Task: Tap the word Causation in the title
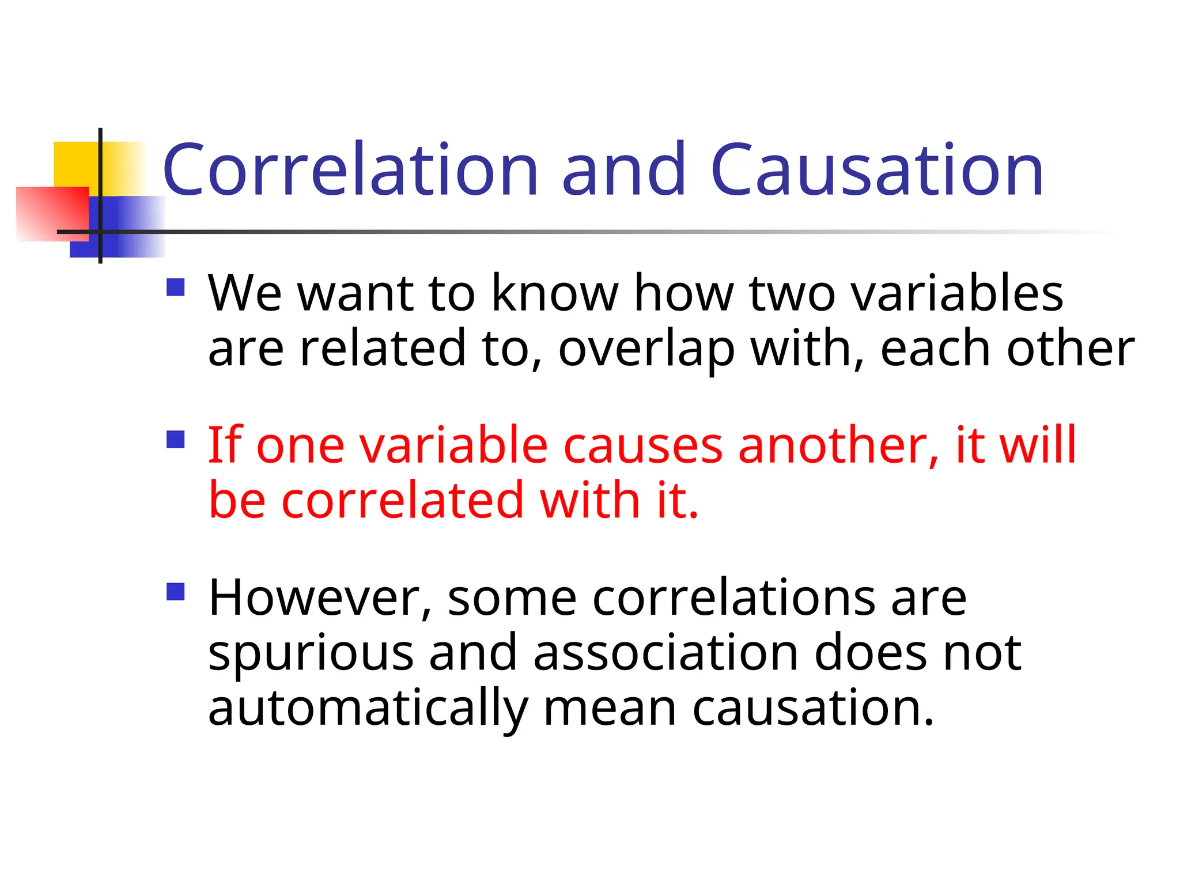coord(877,170)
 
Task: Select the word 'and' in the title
coord(624,170)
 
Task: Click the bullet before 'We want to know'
coord(175,287)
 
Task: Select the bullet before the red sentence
coord(175,440)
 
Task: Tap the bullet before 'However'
coord(175,592)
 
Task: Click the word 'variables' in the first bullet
coord(957,293)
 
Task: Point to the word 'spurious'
coord(311,654)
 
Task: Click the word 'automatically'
coord(368,709)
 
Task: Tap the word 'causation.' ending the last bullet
coord(812,709)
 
